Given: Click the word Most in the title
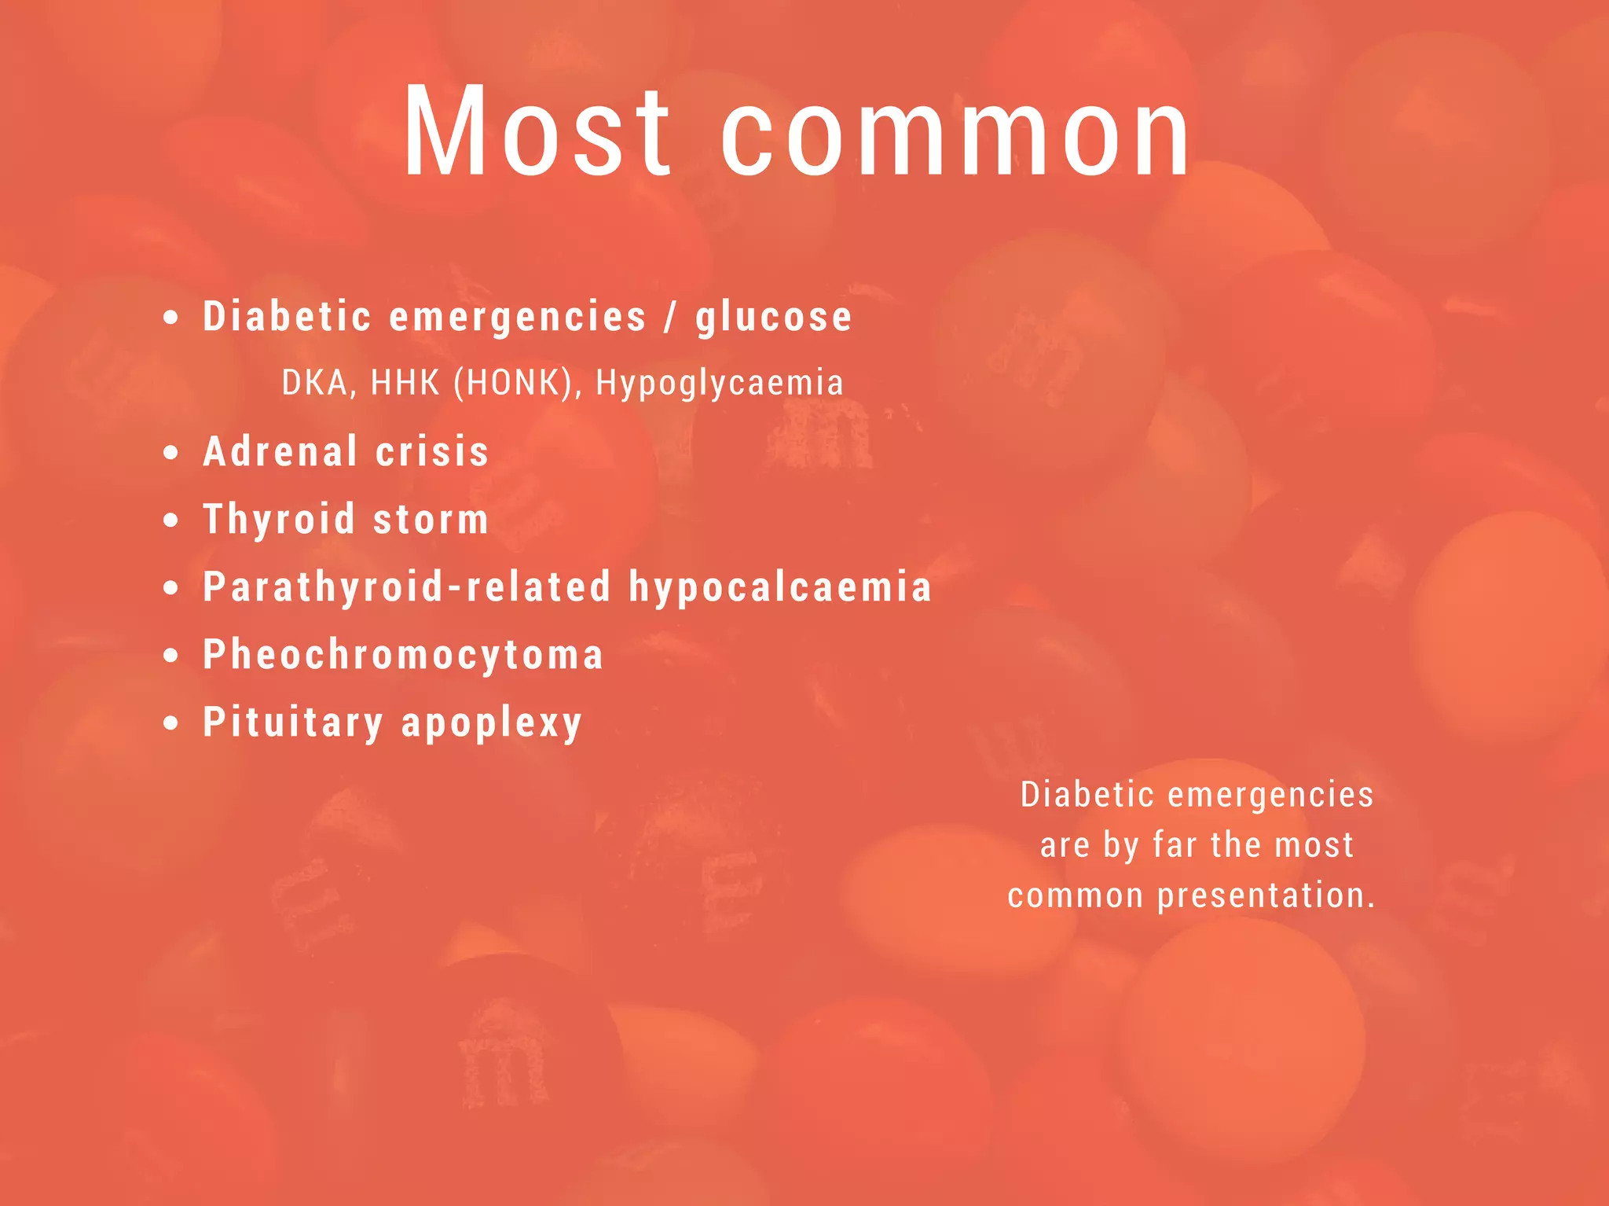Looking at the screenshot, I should (x=537, y=131).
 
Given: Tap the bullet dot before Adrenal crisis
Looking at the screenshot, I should (x=171, y=453).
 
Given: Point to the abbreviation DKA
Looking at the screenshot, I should (x=314, y=383).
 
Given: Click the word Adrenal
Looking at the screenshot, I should (x=280, y=452).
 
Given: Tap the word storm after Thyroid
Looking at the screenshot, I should (x=431, y=520).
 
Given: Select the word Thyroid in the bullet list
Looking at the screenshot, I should (x=279, y=520).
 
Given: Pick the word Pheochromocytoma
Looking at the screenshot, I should (x=403, y=656).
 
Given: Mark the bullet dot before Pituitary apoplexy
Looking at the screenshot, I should (x=171, y=723).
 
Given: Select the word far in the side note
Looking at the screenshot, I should (x=1175, y=845).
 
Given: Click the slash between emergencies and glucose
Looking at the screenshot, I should (x=670, y=318).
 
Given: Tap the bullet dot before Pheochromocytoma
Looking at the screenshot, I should (x=171, y=656).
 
